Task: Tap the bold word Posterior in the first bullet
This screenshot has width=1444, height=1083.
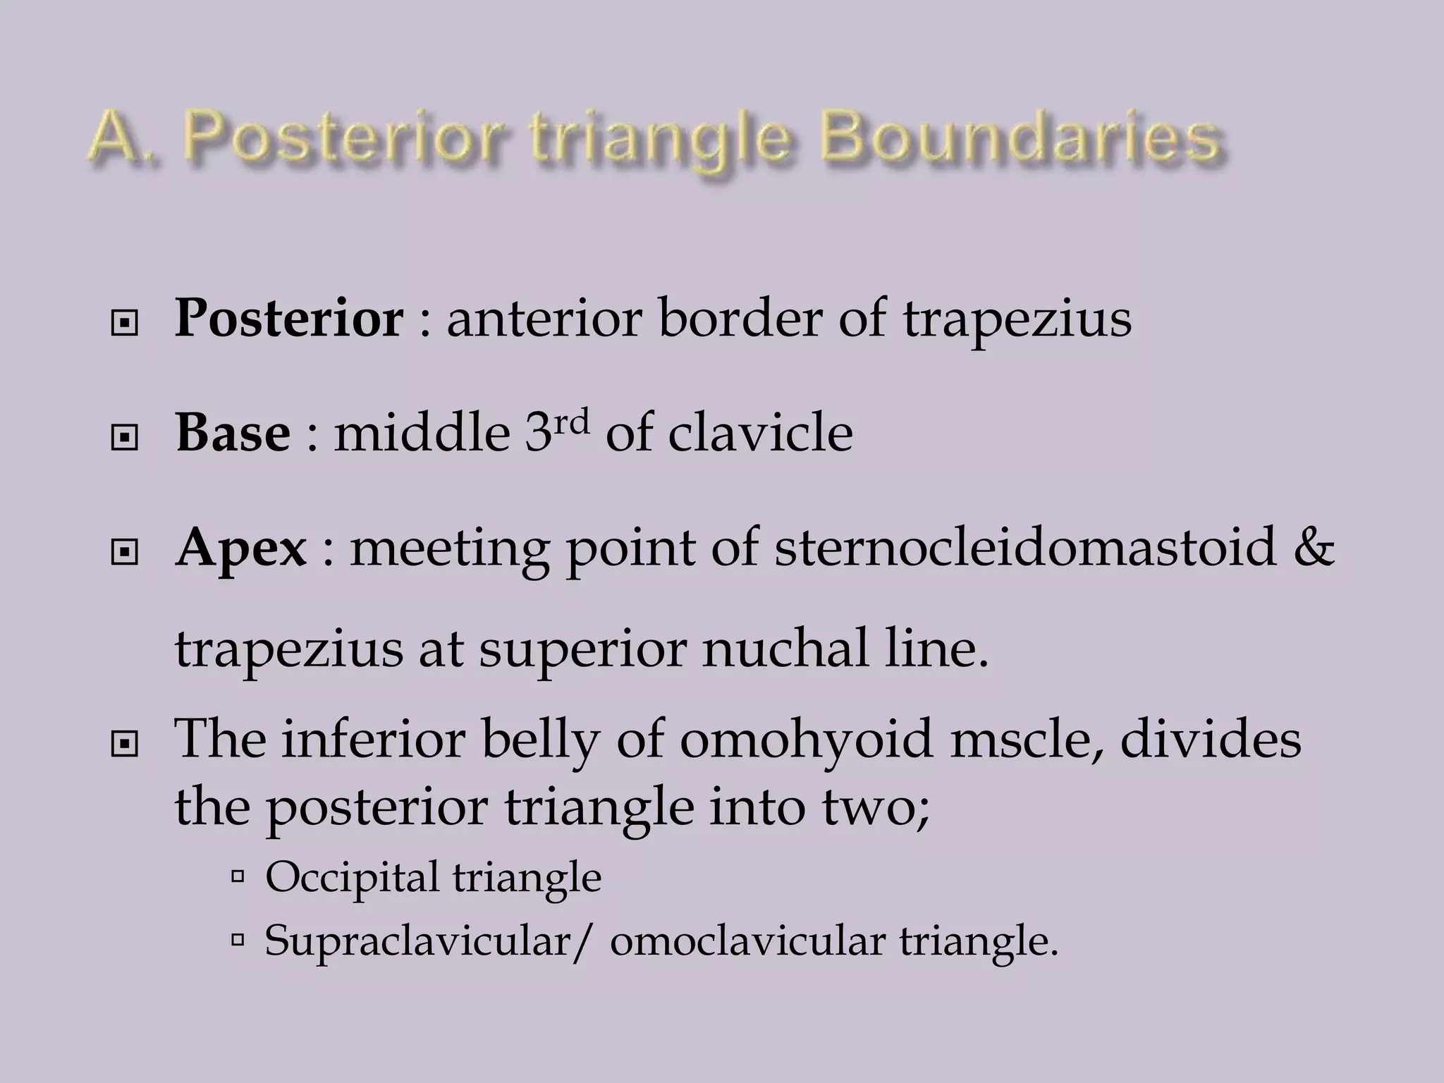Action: click(288, 318)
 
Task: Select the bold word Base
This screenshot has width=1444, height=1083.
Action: click(233, 432)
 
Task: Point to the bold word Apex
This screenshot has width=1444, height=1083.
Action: click(241, 547)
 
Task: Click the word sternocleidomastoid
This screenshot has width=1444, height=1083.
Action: click(1024, 547)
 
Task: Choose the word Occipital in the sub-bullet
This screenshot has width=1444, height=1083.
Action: click(352, 878)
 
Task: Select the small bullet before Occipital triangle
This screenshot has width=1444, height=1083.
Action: click(238, 877)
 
